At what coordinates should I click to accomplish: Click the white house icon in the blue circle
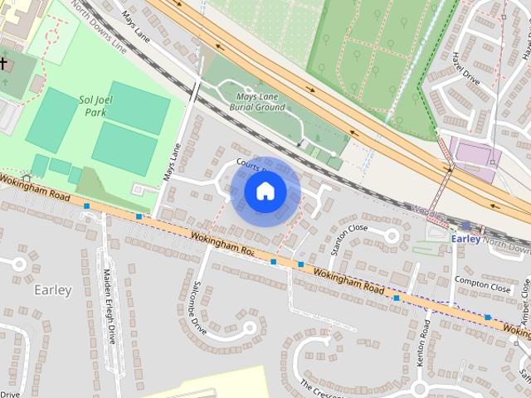click(265, 191)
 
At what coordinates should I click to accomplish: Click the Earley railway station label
click(465, 239)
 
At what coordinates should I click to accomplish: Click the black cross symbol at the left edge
click(3, 63)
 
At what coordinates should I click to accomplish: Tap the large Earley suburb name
click(53, 290)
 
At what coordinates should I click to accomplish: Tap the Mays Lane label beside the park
click(173, 163)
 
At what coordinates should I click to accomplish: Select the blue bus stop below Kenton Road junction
click(397, 298)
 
